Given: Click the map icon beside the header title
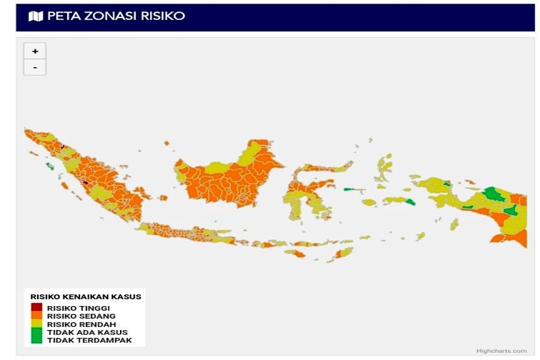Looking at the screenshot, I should click(x=36, y=16).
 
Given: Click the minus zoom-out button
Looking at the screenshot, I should click(x=35, y=67).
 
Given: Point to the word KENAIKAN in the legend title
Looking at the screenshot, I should click(x=98, y=296).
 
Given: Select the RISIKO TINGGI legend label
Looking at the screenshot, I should click(x=79, y=308).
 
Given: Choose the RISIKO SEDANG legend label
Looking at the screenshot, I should click(x=81, y=316).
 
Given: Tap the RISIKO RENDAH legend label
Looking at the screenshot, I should click(x=82, y=324).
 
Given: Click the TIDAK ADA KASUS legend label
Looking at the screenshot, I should click(x=87, y=332).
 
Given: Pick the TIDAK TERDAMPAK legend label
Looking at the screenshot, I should click(x=89, y=340).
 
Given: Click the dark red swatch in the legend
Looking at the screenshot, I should click(x=37, y=307).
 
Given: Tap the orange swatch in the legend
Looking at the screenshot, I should click(x=37, y=315).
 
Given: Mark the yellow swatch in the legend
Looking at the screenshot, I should click(x=37, y=323).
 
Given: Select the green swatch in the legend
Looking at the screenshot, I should click(x=37, y=335).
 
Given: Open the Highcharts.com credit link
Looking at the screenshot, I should click(x=502, y=351).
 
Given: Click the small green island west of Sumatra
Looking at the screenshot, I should click(x=49, y=165).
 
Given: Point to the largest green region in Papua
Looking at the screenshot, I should click(x=494, y=194).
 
